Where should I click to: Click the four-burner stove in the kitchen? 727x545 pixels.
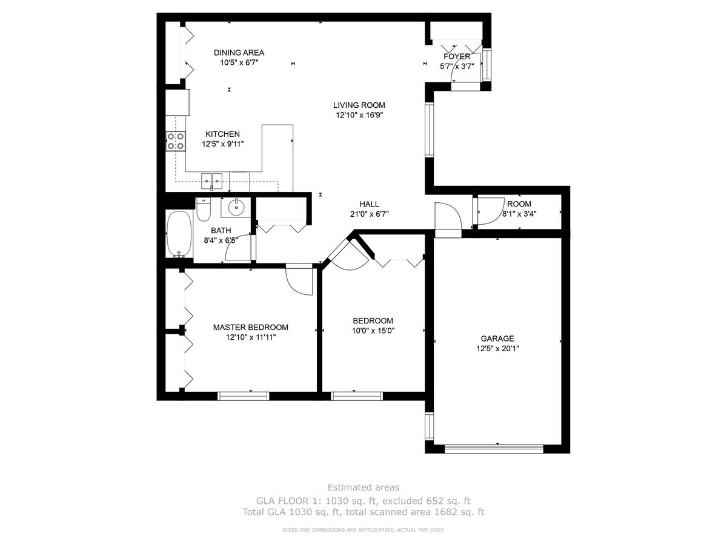pyautogui.click(x=176, y=141)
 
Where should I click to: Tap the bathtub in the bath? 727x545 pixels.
pyautogui.click(x=179, y=234)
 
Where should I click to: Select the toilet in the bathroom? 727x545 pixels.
pyautogui.click(x=204, y=210)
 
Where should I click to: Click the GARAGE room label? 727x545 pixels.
pyautogui.click(x=497, y=339)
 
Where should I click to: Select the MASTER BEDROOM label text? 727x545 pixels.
pyautogui.click(x=250, y=327)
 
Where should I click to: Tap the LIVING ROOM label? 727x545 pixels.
pyautogui.click(x=359, y=105)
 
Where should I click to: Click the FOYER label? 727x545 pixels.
pyautogui.click(x=457, y=56)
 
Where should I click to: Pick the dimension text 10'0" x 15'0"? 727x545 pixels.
pyautogui.click(x=373, y=331)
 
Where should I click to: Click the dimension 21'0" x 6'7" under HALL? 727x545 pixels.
pyautogui.click(x=370, y=214)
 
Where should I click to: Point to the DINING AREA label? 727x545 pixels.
pyautogui.click(x=239, y=53)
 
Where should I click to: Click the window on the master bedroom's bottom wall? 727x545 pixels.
pyautogui.click(x=244, y=396)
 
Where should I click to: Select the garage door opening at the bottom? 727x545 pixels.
pyautogui.click(x=494, y=449)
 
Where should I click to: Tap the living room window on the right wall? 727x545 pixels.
pyautogui.click(x=430, y=130)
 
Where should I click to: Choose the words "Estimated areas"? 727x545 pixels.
pyautogui.click(x=363, y=487)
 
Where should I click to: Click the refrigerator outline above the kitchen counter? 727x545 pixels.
pyautogui.click(x=178, y=102)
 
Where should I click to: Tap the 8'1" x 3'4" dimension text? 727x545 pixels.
pyautogui.click(x=519, y=214)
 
